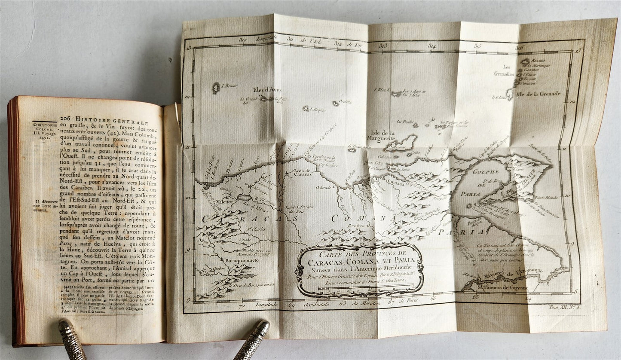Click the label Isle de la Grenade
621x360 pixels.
tap(538, 94)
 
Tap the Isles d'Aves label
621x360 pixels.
tap(268, 89)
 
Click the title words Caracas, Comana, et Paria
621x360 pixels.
tap(360, 259)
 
